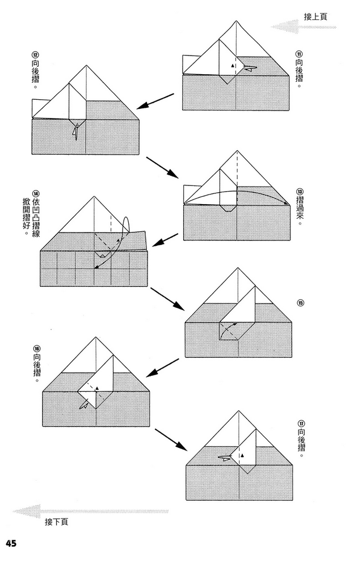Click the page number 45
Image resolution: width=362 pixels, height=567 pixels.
coord(11,543)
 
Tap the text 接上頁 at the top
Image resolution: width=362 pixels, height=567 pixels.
coord(315,17)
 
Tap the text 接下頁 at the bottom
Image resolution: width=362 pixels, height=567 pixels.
coord(57,522)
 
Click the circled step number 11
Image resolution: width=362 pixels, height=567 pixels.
coord(298,54)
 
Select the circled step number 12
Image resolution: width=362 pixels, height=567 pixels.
coord(36,54)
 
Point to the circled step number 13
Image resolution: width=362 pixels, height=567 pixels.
coord(300,193)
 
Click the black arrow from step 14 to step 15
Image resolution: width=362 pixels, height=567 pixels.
coord(167,298)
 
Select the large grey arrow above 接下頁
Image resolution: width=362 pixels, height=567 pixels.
coord(91,511)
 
